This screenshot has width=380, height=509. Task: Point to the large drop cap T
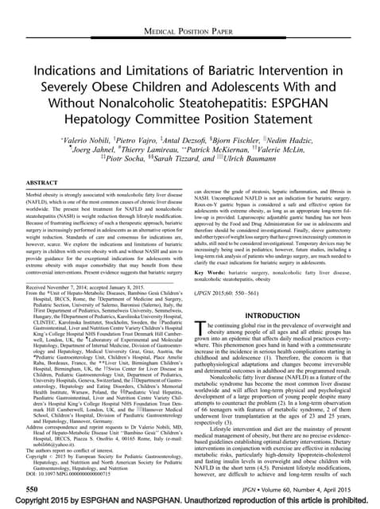201,343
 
